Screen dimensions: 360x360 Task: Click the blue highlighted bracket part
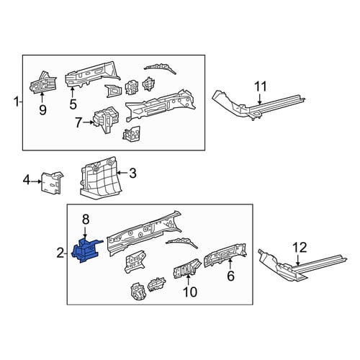85,251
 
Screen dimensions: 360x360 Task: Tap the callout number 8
86,220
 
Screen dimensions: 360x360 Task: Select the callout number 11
261,86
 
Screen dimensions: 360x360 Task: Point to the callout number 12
300,248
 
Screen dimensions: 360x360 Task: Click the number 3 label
132,173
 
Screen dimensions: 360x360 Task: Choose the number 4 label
27,180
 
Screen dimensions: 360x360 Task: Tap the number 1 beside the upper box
17,102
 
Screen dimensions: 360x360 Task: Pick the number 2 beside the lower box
60,253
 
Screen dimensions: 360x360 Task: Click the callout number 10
190,292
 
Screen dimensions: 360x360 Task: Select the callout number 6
230,276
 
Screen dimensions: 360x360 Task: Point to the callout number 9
42,110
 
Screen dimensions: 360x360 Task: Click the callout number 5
73,104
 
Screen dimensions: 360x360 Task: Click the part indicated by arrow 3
99,178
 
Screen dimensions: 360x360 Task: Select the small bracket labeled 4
52,182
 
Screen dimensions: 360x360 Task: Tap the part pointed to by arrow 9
42,83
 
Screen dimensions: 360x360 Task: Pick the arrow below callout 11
260,99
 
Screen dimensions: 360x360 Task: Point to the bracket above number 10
187,269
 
